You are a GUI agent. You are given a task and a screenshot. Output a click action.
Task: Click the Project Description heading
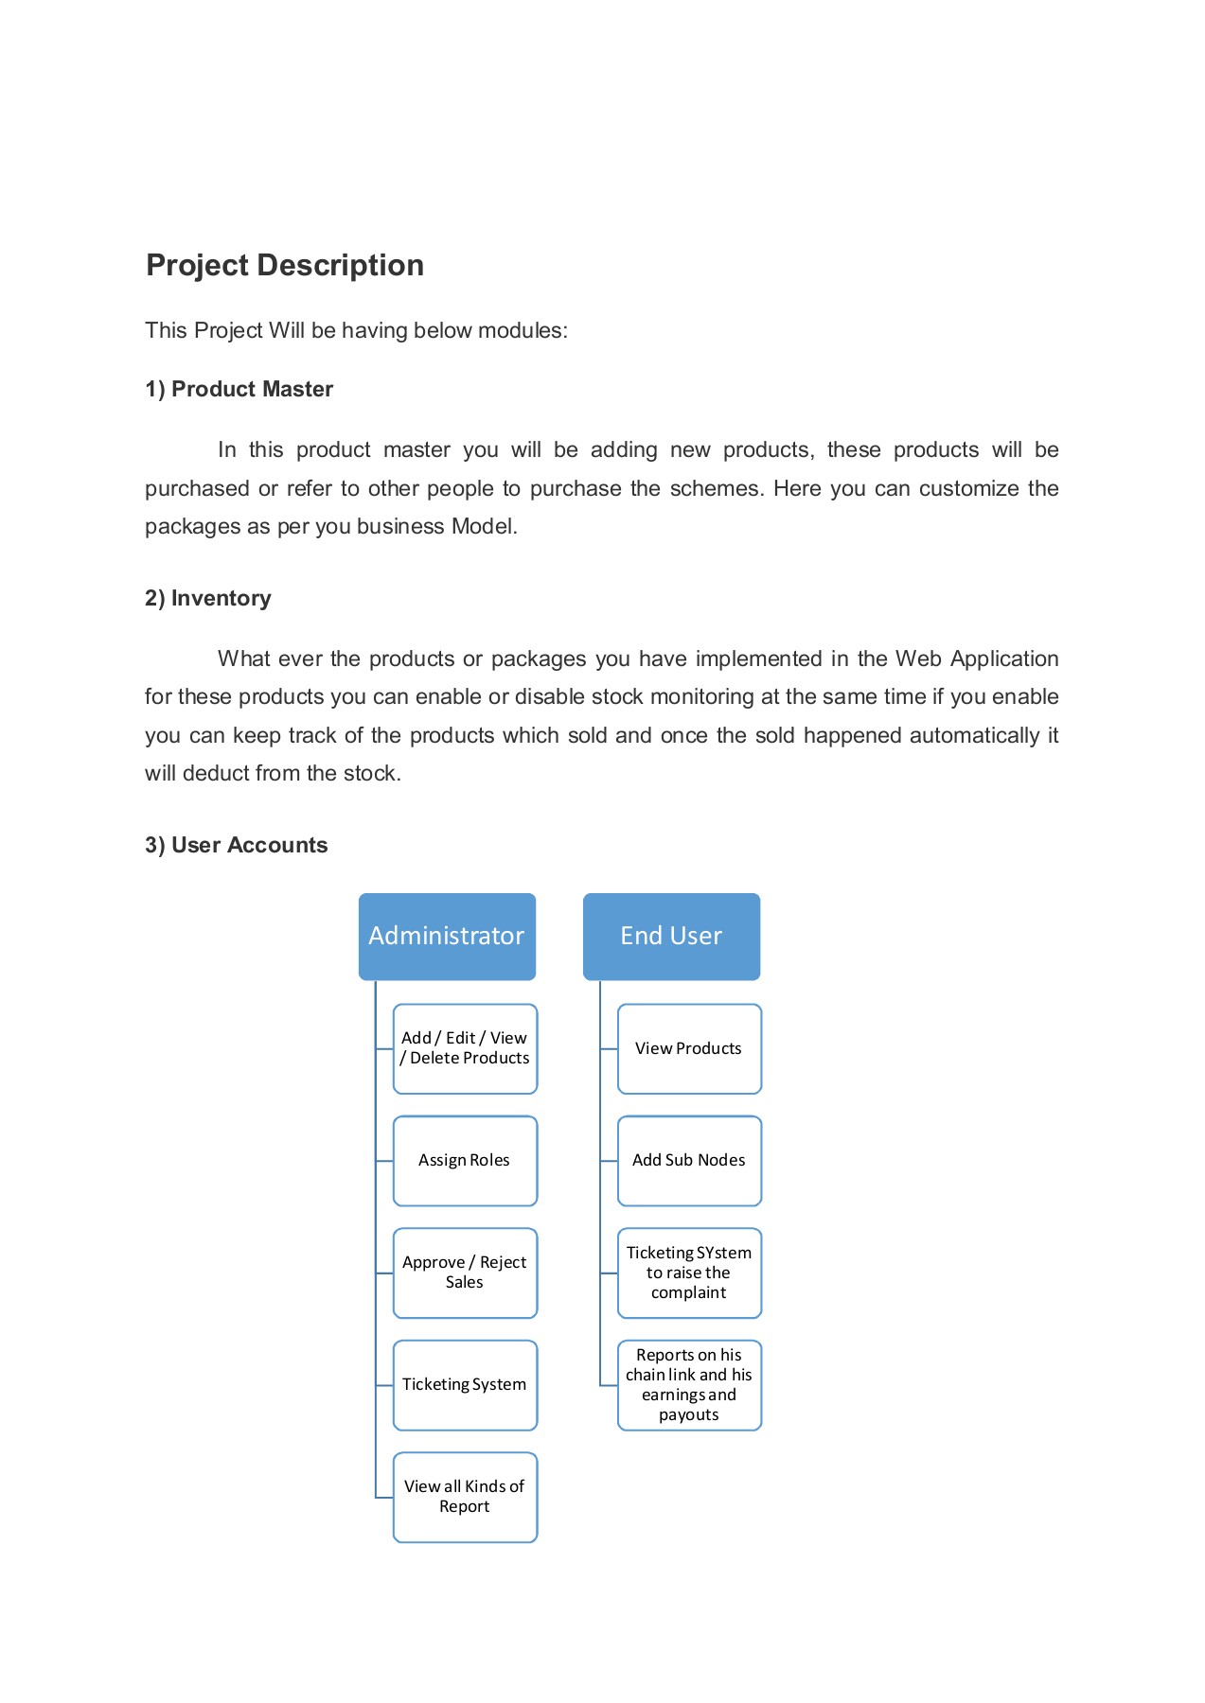click(284, 265)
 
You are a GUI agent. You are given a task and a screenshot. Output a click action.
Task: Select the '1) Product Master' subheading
click(239, 389)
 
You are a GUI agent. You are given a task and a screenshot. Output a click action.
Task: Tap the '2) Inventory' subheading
click(207, 598)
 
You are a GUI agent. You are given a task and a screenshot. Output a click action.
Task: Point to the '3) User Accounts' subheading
click(236, 845)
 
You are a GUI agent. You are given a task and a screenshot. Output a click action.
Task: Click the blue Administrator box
click(447, 936)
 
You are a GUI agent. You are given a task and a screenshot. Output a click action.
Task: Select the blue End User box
click(671, 936)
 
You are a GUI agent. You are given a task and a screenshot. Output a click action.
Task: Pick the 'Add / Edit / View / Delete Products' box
click(465, 1048)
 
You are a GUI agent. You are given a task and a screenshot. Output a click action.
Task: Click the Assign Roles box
click(465, 1160)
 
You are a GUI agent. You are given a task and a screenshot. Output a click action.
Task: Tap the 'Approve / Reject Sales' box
click(465, 1273)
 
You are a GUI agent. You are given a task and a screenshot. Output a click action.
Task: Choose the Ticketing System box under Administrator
click(465, 1384)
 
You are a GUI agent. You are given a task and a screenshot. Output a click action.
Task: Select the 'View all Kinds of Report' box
click(465, 1497)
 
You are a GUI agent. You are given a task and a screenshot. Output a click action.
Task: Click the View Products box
click(689, 1048)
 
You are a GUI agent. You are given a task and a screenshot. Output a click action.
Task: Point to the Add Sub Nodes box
click(689, 1160)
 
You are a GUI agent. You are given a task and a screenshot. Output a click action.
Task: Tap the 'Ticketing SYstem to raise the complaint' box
click(689, 1273)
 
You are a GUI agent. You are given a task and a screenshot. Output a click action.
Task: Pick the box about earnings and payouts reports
click(689, 1384)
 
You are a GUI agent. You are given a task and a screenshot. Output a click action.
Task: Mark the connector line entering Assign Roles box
click(384, 1161)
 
